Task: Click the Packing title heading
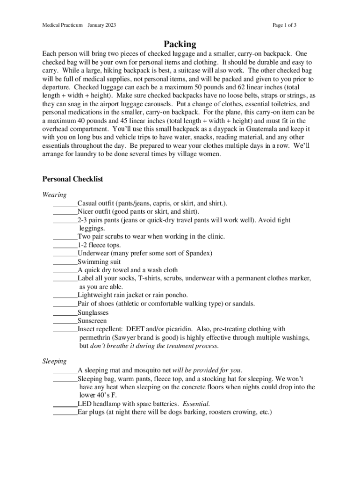coord(180,44)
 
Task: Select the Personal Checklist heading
coord(72,179)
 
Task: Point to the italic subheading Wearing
coord(54,195)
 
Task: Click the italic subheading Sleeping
coord(54,361)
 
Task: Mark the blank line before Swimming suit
coord(65,262)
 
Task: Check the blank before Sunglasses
coord(65,312)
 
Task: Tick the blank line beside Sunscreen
coord(65,321)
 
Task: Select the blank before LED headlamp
coord(65,404)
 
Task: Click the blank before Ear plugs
coord(65,412)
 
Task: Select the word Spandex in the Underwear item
coord(199,254)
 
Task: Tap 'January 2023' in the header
coord(102,25)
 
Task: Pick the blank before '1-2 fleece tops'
coord(65,245)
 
